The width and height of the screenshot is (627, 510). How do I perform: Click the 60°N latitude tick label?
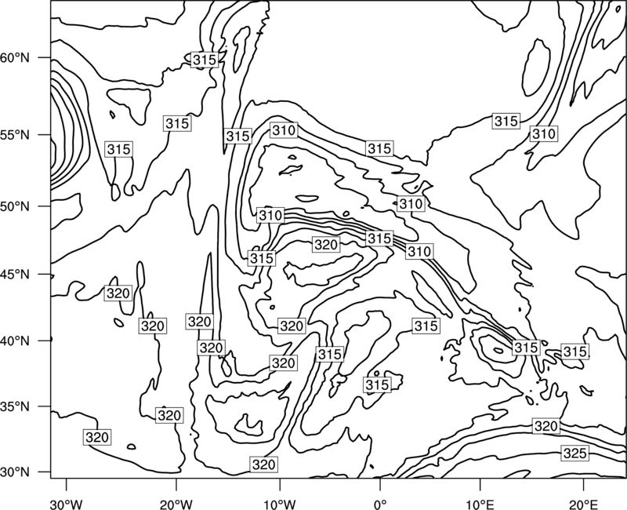coord(15,58)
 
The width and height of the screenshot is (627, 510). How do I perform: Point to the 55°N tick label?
coord(15,135)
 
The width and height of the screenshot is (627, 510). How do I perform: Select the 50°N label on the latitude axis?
coord(15,206)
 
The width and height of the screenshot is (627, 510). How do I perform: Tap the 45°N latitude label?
coord(15,275)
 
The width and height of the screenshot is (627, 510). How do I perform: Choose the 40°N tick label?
coord(15,341)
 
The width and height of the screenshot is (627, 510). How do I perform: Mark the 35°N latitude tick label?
coord(15,406)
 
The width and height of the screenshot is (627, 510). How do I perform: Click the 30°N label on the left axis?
coord(15,472)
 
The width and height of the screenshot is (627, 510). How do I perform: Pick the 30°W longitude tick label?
coord(66,504)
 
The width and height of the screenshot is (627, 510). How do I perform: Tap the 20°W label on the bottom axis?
coord(176,504)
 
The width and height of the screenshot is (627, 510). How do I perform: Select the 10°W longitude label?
coord(280,504)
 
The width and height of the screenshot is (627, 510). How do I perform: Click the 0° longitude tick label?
coord(380,504)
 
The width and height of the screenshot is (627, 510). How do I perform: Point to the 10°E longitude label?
coord(480,504)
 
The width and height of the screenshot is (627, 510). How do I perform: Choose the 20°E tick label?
coord(583,504)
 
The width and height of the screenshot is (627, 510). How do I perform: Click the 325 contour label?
coord(574,454)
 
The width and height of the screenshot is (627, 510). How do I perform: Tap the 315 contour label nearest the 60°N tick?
coord(205,60)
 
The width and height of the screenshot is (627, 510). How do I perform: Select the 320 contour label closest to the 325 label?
coord(545,426)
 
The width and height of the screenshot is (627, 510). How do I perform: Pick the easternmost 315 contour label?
coord(574,352)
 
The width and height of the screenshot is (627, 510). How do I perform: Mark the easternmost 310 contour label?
coord(543,133)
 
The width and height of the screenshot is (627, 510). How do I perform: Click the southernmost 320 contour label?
coord(263,464)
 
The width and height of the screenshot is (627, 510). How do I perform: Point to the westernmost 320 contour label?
coord(97,437)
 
